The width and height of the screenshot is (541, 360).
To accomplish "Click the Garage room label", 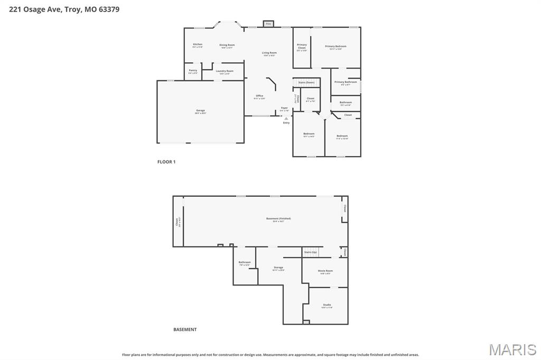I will [x=200, y=111].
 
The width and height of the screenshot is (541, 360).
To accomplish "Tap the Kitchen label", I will [x=198, y=45].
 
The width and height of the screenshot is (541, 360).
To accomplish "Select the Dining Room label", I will [x=227, y=45].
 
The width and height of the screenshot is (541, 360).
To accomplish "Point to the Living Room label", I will [x=269, y=53].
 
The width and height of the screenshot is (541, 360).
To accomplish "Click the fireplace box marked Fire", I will [x=268, y=24].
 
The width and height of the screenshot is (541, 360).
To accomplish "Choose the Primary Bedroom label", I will [x=335, y=47].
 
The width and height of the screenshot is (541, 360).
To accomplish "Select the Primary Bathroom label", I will [x=346, y=82].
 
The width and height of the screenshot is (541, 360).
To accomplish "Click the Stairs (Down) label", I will [x=306, y=82].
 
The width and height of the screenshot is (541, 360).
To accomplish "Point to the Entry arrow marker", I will [x=286, y=119].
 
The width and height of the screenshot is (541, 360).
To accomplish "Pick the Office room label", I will [x=259, y=96].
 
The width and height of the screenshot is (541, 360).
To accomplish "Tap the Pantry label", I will [x=193, y=71].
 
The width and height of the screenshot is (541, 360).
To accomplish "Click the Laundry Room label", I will [x=225, y=71].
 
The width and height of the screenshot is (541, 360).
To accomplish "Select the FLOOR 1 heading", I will [x=166, y=162].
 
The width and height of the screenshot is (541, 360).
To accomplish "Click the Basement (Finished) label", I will [x=278, y=219].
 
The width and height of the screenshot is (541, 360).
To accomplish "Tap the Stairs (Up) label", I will [x=311, y=252].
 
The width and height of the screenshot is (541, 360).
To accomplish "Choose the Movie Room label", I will [x=325, y=271].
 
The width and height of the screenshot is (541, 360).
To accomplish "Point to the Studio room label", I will [x=327, y=305].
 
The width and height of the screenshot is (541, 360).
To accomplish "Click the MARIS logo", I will [x=512, y=349].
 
